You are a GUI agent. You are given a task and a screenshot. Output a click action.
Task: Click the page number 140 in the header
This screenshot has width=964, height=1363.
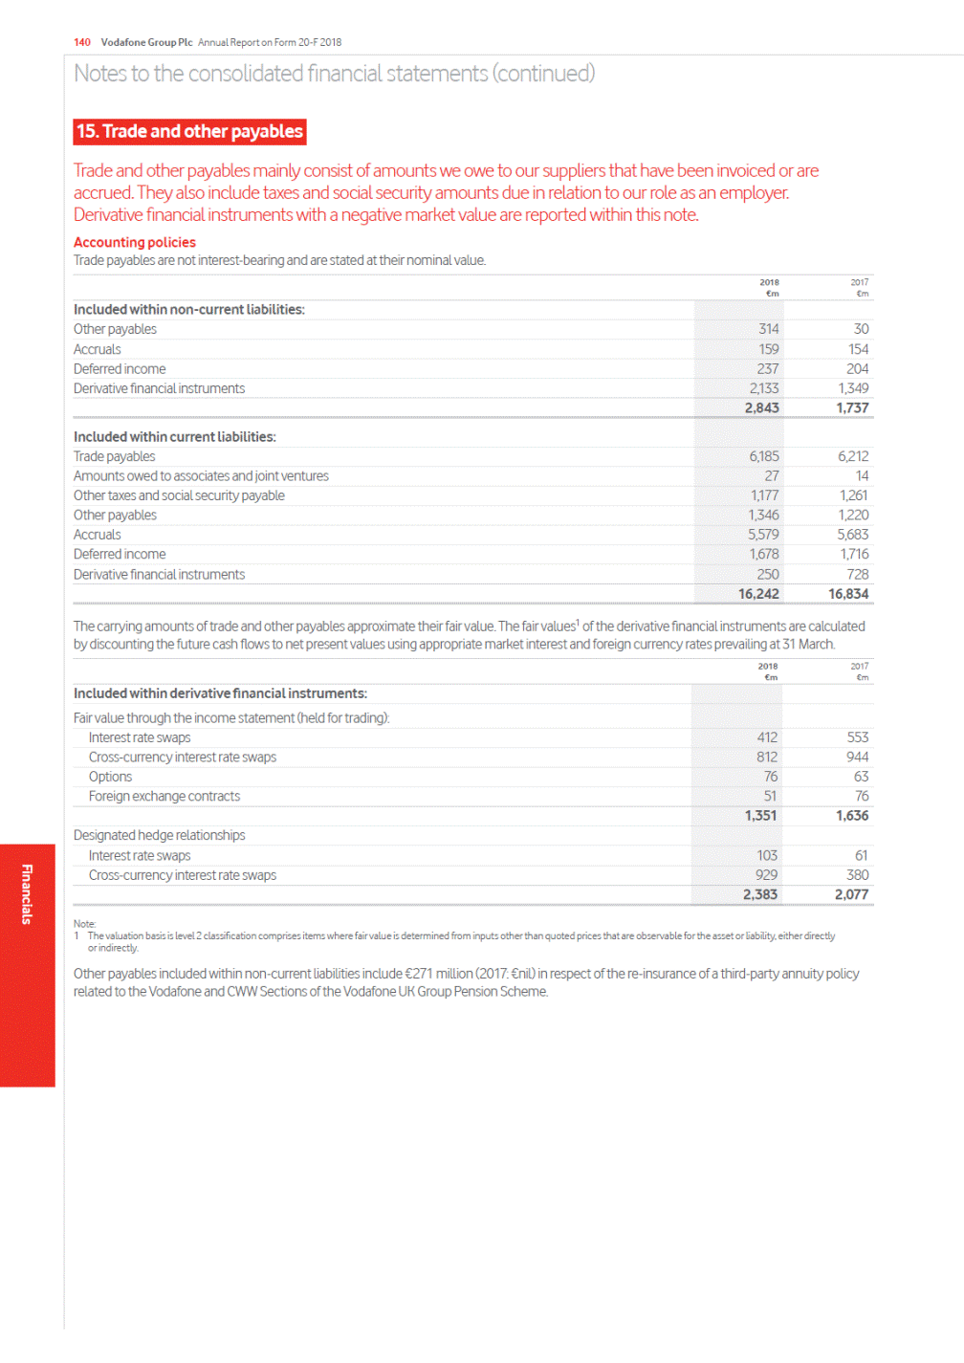[x=82, y=42]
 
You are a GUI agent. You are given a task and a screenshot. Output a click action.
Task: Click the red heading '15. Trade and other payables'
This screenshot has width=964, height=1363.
[x=189, y=131]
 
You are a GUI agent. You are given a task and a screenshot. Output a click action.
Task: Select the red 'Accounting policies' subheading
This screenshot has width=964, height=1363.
[x=135, y=243]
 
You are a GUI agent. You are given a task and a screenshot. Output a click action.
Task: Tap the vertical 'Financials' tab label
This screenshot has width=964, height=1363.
[x=27, y=894]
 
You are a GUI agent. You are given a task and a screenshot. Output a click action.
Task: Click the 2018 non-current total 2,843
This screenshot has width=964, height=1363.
[x=761, y=408]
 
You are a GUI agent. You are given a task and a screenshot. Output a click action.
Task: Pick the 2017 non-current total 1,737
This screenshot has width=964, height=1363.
[x=852, y=408]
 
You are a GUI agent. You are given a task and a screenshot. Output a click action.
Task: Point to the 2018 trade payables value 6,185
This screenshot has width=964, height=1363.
[x=763, y=457]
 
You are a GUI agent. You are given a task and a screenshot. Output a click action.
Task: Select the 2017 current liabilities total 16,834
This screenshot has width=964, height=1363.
[x=848, y=594]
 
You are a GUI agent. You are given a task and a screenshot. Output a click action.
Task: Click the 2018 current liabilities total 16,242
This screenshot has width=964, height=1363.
[x=758, y=594]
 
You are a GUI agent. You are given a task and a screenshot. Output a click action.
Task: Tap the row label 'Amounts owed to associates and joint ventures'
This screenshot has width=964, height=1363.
[x=201, y=476]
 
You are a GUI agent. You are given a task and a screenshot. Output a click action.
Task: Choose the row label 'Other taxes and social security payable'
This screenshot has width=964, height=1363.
[x=179, y=495]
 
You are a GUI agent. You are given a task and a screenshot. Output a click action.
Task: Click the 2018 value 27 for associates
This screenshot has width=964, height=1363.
[x=771, y=476]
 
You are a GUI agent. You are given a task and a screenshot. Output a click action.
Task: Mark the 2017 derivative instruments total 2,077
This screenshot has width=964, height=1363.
[x=851, y=895]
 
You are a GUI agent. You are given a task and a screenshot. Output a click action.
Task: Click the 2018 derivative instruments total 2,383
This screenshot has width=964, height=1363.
[x=759, y=895]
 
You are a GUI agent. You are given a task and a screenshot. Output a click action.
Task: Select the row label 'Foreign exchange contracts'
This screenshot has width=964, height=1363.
[x=164, y=797]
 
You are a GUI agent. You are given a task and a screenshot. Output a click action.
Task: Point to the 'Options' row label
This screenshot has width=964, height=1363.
[x=110, y=777]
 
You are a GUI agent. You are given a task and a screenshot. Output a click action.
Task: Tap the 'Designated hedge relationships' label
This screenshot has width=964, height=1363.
[x=159, y=836]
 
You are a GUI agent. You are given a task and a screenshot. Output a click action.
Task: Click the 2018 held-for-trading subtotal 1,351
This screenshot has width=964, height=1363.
[x=760, y=816]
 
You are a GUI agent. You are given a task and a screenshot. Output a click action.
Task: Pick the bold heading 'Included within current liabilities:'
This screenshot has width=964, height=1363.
[x=174, y=437]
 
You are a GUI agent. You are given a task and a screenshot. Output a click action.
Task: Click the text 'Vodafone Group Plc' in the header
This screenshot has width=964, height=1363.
[x=146, y=42]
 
